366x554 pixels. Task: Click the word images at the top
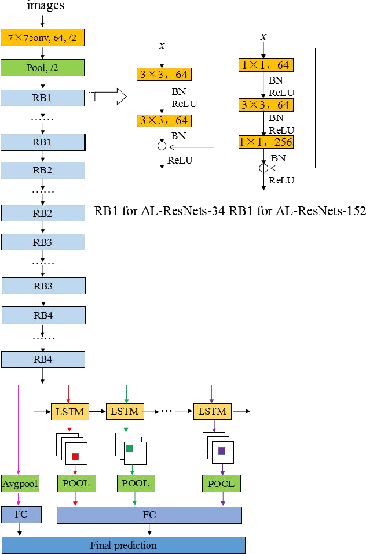click(45, 6)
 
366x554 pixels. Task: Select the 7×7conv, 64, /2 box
click(43, 38)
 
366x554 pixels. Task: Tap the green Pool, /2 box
click(43, 67)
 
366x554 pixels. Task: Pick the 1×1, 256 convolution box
click(266, 142)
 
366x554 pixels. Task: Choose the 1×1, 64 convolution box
click(266, 64)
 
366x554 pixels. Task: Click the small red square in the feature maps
click(75, 457)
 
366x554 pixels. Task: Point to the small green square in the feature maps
click(129, 449)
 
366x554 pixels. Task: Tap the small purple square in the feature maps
click(222, 450)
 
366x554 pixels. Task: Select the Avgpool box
click(20, 483)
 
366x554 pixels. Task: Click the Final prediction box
click(123, 545)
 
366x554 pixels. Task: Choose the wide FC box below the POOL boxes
click(149, 515)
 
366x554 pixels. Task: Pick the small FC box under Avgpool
click(21, 514)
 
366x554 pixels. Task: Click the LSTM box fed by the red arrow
click(69, 412)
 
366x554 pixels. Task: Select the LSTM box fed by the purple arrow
click(212, 412)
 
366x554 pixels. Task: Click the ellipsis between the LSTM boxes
click(167, 412)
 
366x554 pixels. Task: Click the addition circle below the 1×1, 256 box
click(263, 168)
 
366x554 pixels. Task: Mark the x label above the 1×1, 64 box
click(263, 37)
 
